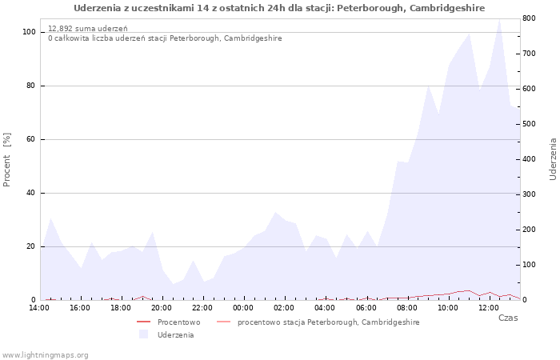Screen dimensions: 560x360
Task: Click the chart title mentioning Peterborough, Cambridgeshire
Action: pos(279,8)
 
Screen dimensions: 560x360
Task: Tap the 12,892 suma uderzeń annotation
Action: pos(87,29)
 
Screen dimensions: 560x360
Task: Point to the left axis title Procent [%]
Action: pos(6,160)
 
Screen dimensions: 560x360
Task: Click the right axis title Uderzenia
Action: pos(553,159)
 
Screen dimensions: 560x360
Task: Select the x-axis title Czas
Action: pos(508,318)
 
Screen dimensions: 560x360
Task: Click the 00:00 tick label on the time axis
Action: pos(243,308)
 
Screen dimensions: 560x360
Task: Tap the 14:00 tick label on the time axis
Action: pos(39,308)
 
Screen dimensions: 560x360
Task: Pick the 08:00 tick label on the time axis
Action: pos(406,308)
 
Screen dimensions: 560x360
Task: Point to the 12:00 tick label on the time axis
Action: pos(489,308)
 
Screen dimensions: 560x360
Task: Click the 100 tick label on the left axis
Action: pos(29,32)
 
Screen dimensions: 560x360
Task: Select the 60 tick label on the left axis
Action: pos(30,139)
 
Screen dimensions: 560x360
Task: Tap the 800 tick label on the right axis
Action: pos(529,18)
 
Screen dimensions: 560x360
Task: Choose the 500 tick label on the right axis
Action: pos(529,124)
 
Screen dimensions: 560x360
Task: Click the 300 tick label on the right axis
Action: pos(529,194)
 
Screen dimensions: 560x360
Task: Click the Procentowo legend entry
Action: pos(168,322)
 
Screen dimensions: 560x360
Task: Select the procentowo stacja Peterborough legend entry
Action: pos(318,322)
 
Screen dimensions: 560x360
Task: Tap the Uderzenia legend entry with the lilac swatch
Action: pos(166,335)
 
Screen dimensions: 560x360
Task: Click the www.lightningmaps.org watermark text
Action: pos(45,355)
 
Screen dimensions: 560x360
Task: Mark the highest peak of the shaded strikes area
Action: pos(499,19)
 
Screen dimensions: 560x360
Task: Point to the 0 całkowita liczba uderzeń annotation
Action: pos(165,38)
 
